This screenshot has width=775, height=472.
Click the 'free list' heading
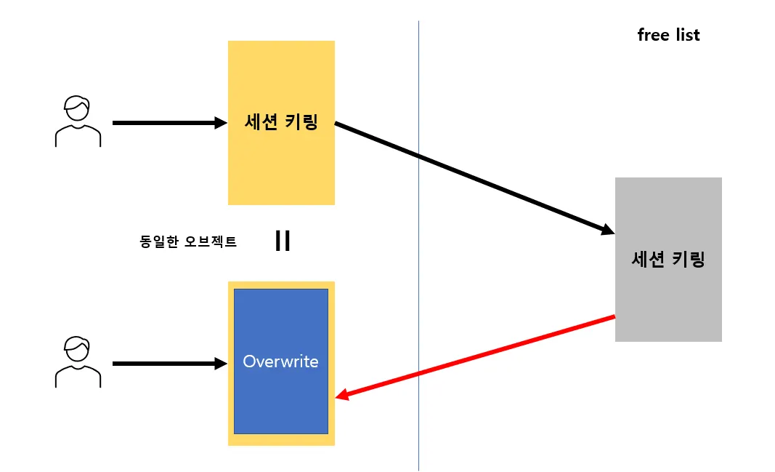click(x=668, y=35)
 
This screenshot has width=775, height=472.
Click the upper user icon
click(x=78, y=122)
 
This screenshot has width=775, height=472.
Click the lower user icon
click(x=78, y=362)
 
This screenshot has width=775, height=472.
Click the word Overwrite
click(x=280, y=361)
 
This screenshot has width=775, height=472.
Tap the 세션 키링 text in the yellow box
click(x=281, y=123)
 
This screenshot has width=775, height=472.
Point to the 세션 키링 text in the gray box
click(x=668, y=260)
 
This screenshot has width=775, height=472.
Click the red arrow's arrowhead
click(x=341, y=396)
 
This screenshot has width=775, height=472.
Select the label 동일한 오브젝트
click(x=188, y=241)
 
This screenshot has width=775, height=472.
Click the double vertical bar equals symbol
click(x=283, y=241)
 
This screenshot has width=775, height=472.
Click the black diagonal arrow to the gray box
click(x=472, y=177)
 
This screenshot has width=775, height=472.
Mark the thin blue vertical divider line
click(x=418, y=291)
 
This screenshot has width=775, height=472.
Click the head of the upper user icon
click(x=77, y=108)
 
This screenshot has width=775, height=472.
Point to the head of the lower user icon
click(x=77, y=348)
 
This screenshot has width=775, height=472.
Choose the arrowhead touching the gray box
click(x=608, y=231)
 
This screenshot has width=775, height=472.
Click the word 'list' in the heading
click(x=686, y=35)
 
